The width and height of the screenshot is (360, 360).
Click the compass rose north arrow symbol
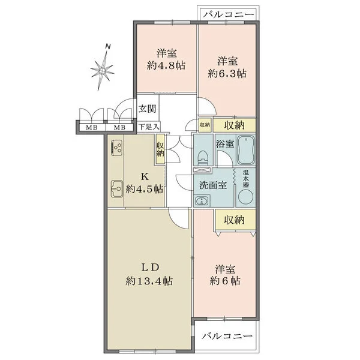tap(103, 71)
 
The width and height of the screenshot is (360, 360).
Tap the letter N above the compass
tap(107, 47)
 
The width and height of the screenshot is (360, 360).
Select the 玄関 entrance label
tap(147, 109)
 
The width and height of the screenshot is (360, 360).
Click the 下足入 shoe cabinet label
tap(149, 127)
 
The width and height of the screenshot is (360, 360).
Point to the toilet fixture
tap(203, 157)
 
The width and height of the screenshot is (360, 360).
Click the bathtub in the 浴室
tap(245, 150)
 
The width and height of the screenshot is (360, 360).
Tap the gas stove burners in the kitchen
tap(117, 148)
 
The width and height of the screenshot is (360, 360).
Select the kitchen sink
tap(117, 189)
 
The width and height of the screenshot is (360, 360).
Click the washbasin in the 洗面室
tap(202, 201)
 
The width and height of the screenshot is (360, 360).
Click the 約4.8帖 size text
tap(166, 66)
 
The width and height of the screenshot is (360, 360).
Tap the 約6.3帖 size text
tap(227, 74)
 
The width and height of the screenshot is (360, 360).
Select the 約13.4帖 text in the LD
tap(149, 281)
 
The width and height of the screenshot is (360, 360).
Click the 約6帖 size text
tap(225, 281)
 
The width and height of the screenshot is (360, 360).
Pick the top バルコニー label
tap(229, 15)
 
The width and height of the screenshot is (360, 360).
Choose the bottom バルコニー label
tap(227, 337)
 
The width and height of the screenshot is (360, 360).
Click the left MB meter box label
tap(92, 127)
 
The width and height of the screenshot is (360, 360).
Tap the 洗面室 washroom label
tap(213, 185)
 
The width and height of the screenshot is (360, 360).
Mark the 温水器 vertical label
tap(246, 178)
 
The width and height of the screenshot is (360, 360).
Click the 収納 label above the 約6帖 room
tap(234, 220)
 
